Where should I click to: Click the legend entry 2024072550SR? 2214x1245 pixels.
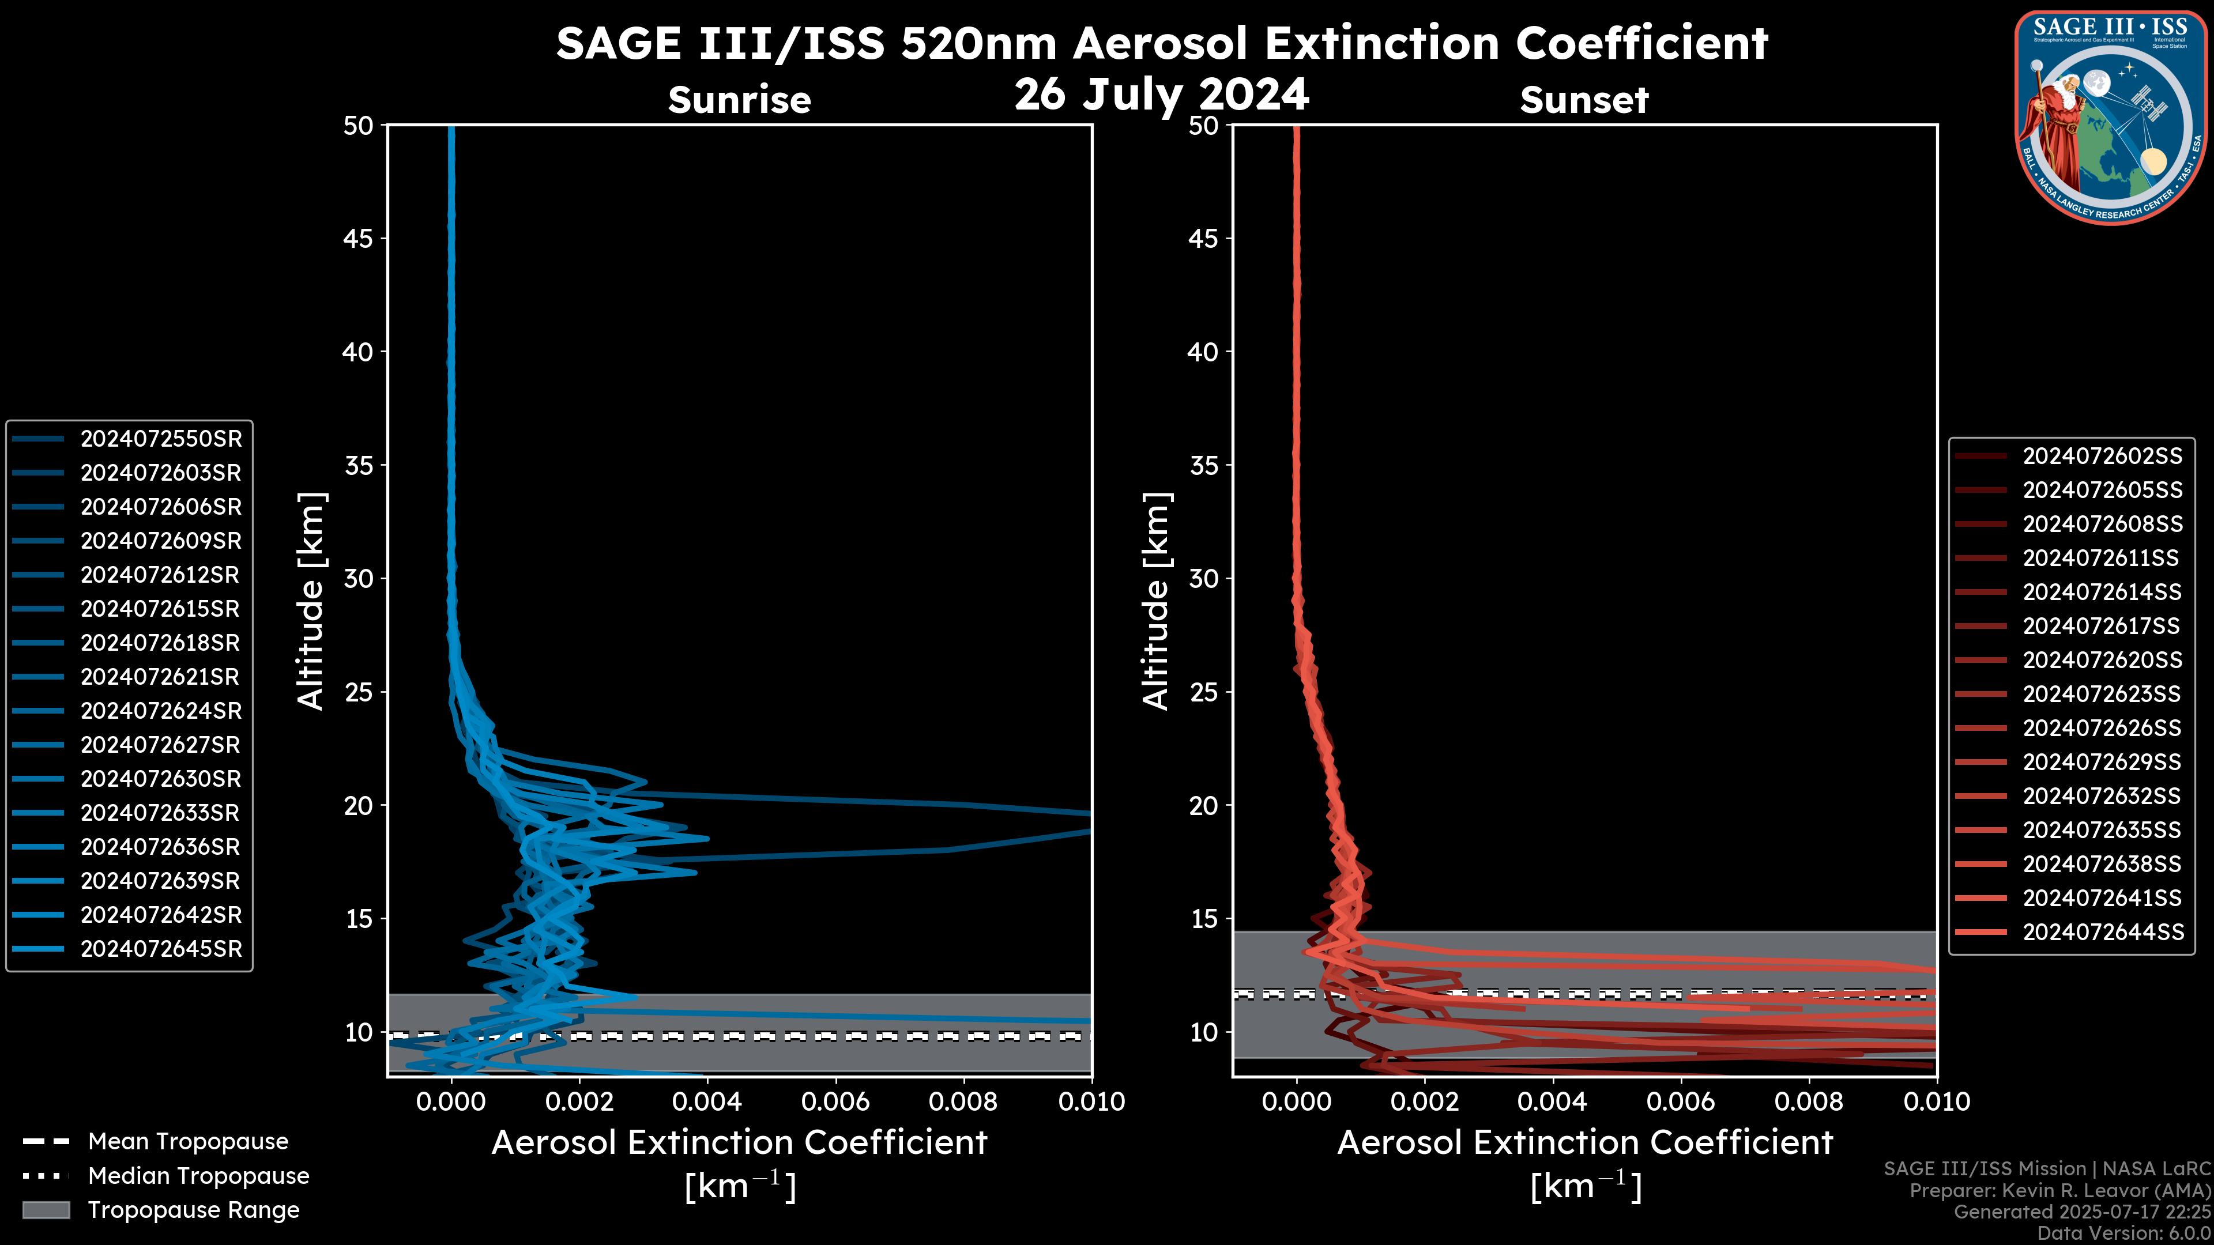pyautogui.click(x=161, y=439)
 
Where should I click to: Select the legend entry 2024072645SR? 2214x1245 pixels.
pyautogui.click(x=161, y=949)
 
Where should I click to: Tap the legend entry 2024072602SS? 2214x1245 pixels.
pyautogui.click(x=2102, y=456)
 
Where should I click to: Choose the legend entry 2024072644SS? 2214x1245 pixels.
pyautogui.click(x=2102, y=932)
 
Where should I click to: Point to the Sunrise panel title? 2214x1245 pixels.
pyautogui.click(x=739, y=100)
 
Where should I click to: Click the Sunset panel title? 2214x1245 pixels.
pyautogui.click(x=1583, y=100)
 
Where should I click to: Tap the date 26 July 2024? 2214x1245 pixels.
pyautogui.click(x=1161, y=95)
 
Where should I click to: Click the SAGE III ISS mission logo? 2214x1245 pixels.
pyautogui.click(x=2111, y=117)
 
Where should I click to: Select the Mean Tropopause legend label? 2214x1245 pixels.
pyautogui.click(x=188, y=1142)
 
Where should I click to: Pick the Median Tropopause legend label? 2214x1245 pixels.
pyautogui.click(x=198, y=1176)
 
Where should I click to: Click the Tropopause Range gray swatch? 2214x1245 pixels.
pyautogui.click(x=46, y=1210)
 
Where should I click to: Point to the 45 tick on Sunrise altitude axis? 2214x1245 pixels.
pyautogui.click(x=359, y=239)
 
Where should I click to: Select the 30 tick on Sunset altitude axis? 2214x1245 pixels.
pyautogui.click(x=1203, y=579)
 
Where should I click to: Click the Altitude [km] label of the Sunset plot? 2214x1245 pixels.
pyautogui.click(x=1157, y=601)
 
